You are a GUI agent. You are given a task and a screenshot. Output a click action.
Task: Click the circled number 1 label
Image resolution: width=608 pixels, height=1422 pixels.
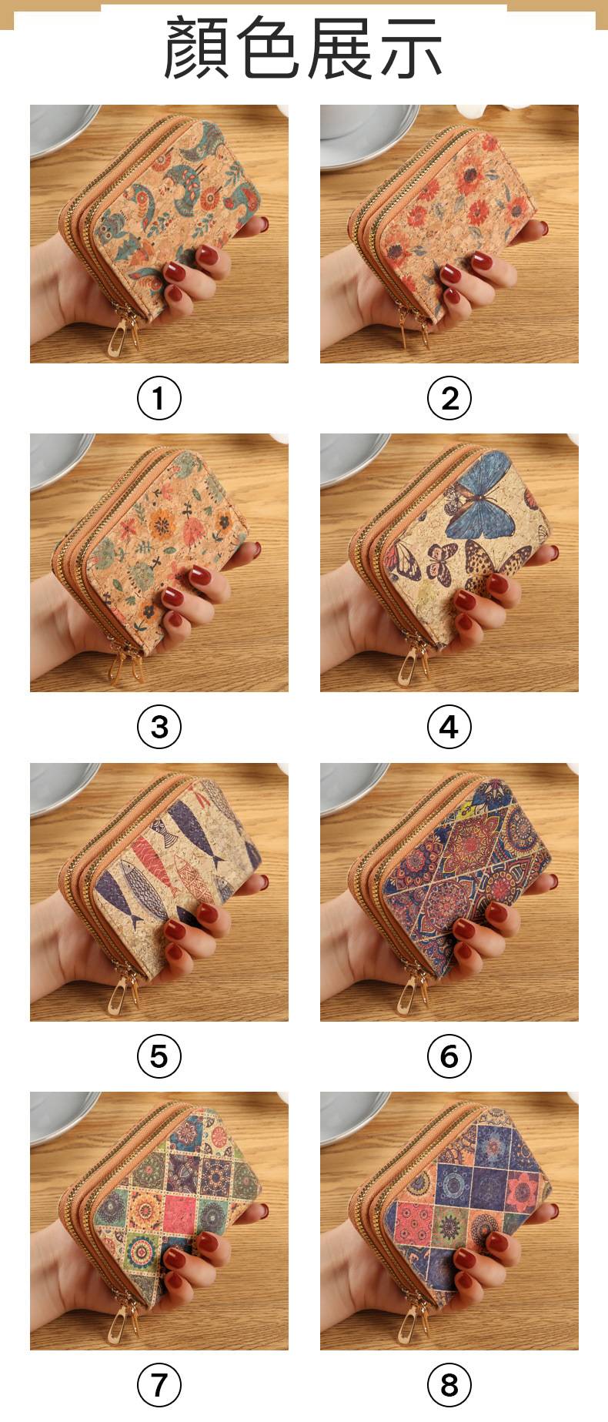tap(159, 399)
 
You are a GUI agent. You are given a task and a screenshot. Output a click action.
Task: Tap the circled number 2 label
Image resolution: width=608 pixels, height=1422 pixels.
tap(449, 399)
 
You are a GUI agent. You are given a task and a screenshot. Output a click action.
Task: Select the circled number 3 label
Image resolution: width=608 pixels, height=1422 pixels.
tap(159, 727)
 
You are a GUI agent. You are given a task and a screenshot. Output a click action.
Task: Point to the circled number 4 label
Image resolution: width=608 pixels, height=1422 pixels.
tap(449, 727)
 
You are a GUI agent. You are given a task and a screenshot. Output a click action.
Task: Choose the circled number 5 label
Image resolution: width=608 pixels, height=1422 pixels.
tap(159, 1056)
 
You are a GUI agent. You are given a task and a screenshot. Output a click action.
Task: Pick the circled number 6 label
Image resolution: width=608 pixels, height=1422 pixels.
tap(449, 1056)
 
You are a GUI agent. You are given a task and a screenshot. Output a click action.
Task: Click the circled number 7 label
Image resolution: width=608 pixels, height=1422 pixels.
tap(159, 1385)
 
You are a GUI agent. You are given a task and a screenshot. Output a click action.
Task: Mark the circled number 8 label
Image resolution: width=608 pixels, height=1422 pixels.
tap(449, 1385)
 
